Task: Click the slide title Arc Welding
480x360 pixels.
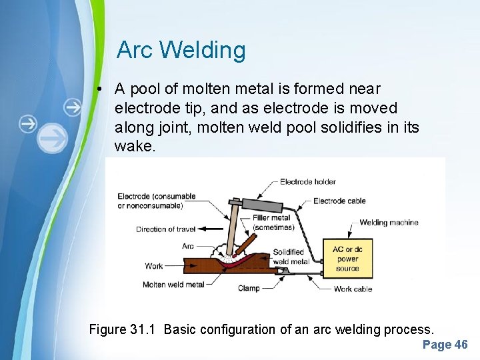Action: (181, 50)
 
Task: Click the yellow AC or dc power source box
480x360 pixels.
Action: (347, 259)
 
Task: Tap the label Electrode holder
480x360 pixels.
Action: (307, 181)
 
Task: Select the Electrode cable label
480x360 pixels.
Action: (339, 201)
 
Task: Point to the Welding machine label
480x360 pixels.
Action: (389, 222)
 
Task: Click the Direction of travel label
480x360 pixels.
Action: (166, 229)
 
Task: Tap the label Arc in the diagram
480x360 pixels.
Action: (188, 246)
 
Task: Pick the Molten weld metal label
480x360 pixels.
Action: (173, 285)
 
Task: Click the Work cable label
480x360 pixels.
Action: (353, 289)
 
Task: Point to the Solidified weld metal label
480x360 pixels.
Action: (291, 257)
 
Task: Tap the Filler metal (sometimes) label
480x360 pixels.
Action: (273, 222)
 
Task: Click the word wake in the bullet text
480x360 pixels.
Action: (135, 145)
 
